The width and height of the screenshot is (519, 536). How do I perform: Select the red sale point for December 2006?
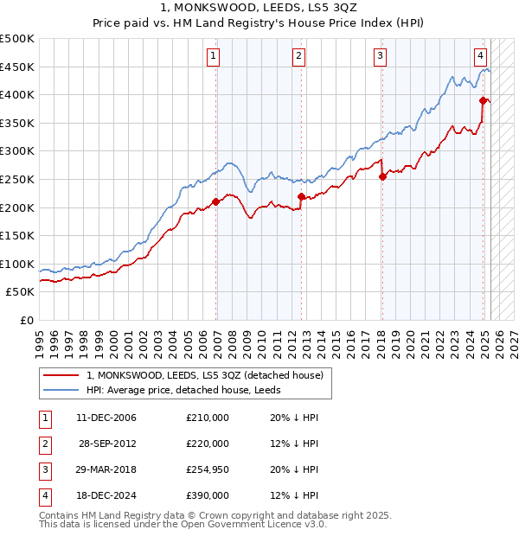(216, 202)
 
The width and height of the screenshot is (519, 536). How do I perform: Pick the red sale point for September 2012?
(301, 197)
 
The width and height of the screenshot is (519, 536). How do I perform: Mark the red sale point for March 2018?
(382, 177)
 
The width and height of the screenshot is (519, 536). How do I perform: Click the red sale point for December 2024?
(484, 100)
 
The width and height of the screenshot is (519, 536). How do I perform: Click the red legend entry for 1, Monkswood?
(204, 375)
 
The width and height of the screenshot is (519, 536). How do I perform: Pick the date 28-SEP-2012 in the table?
(106, 443)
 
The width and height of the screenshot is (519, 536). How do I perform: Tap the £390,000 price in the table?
(208, 495)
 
